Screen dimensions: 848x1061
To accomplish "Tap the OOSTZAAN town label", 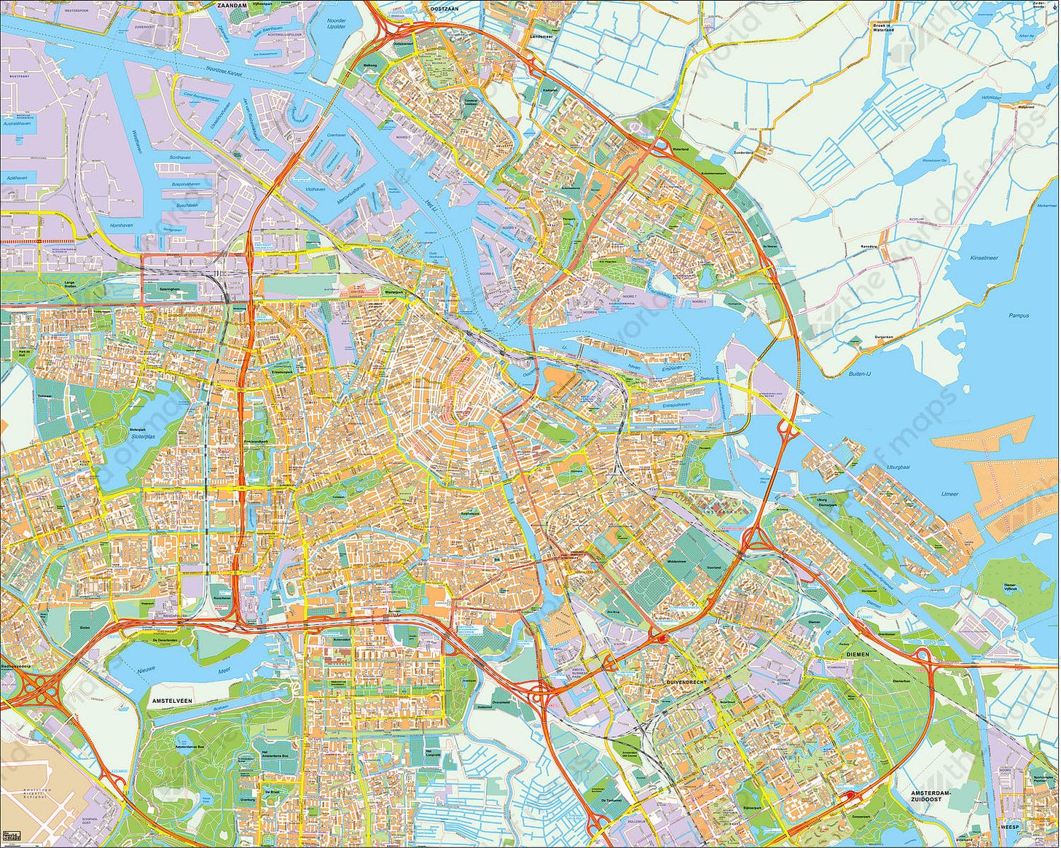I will coord(445,9).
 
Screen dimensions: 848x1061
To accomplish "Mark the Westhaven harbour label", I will coord(136,136).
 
